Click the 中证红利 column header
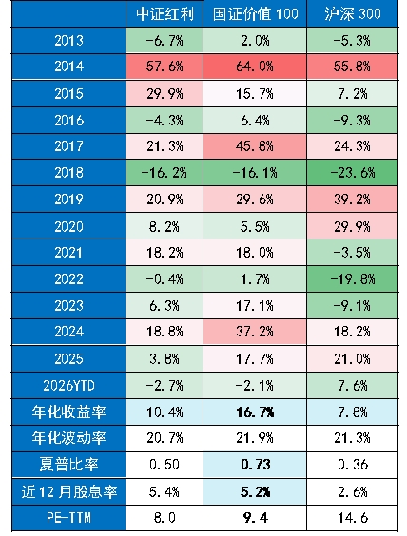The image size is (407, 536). [x=165, y=14]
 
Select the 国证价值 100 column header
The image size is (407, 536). [x=255, y=14]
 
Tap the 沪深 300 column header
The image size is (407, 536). [x=352, y=14]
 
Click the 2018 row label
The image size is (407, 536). [x=68, y=173]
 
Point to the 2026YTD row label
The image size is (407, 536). [x=68, y=386]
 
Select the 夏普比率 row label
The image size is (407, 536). [x=68, y=465]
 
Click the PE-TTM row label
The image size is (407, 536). [x=68, y=518]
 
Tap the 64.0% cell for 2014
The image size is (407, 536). [x=255, y=67]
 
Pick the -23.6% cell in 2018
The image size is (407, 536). [x=353, y=173]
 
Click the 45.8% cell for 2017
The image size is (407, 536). [x=255, y=146]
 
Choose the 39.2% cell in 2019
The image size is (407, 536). [x=353, y=199]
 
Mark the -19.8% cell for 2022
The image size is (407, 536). [x=353, y=279]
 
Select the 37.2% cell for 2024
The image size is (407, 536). [x=255, y=332]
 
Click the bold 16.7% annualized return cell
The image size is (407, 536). [x=255, y=412]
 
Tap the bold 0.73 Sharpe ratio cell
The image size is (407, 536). [x=255, y=465]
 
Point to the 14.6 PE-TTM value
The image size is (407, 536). [x=353, y=518]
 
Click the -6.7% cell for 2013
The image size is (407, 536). [x=165, y=41]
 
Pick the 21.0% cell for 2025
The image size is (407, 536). [x=353, y=359]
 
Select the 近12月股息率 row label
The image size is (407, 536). [x=68, y=491]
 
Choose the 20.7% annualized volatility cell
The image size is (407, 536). [x=165, y=438]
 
